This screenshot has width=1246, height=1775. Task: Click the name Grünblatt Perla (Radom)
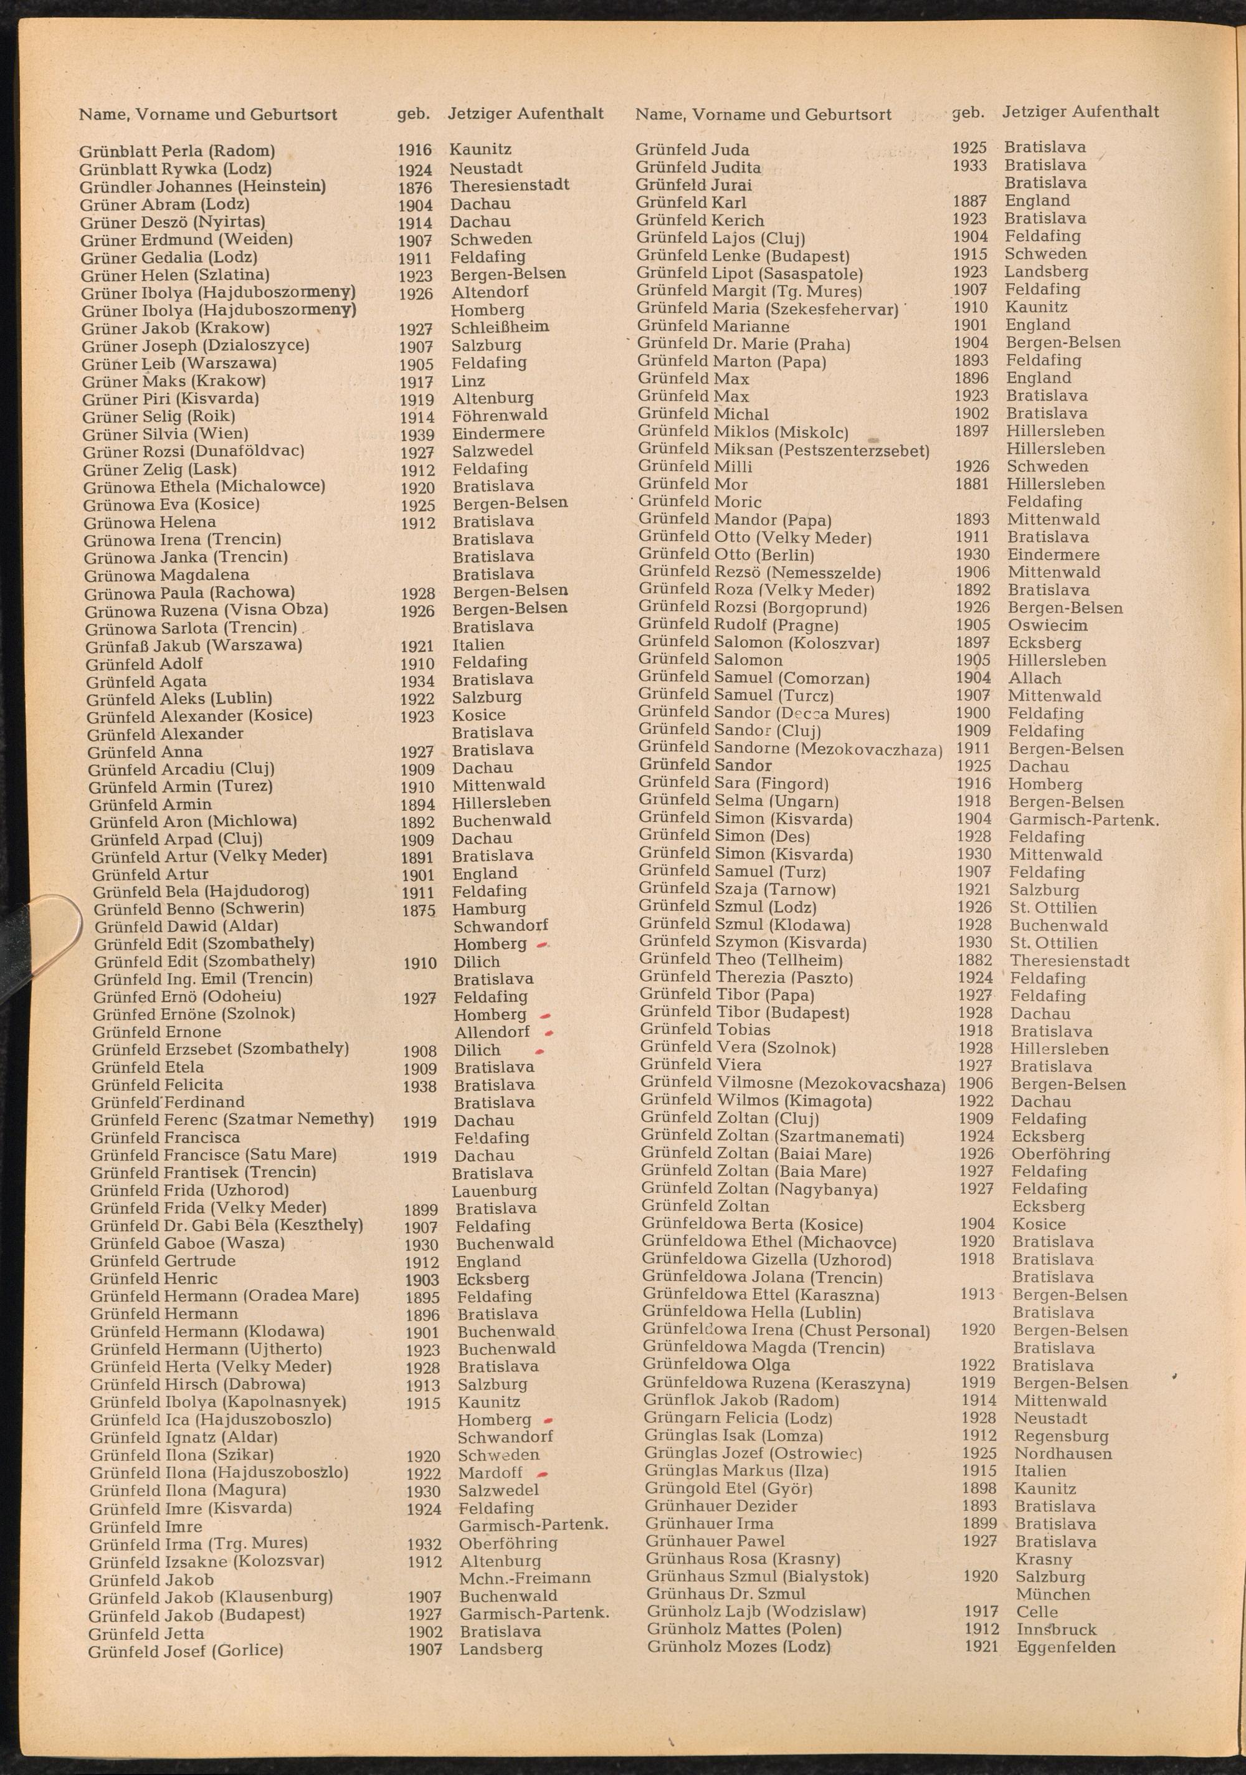coord(177,151)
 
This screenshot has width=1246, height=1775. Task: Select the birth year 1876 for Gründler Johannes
coord(415,187)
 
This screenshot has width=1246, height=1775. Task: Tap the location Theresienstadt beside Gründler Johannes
coord(510,186)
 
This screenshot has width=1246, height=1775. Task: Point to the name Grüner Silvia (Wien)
coord(166,434)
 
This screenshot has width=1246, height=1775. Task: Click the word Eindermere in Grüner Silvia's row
coord(498,433)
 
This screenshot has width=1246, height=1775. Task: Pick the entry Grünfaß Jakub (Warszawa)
coord(193,645)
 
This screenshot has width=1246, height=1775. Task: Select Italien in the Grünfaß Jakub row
coord(478,645)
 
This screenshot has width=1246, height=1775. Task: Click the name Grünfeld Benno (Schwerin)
coord(199,908)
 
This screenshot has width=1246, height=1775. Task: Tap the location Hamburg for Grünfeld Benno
coord(488,909)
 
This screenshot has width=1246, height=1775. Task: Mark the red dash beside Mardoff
coord(543,1473)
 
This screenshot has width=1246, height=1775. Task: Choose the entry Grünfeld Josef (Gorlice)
coord(186,1651)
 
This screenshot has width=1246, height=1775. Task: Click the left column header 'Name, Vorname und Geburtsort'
coord(208,115)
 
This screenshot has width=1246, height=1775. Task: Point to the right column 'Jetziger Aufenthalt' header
coord(1080,112)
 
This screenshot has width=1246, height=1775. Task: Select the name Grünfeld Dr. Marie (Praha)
coord(744,343)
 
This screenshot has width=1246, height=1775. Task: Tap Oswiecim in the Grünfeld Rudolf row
coord(1047,626)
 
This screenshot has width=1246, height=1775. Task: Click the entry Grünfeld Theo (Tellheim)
coord(741,960)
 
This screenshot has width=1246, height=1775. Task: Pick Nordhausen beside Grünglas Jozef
coord(1063,1454)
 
